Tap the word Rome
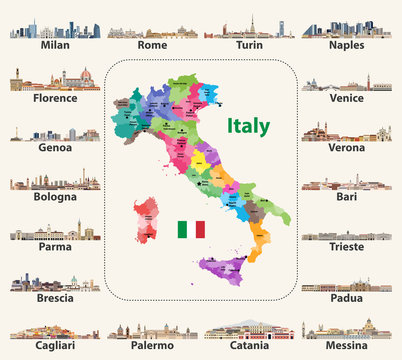151,46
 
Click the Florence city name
56,98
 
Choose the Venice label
351,98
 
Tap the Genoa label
56,147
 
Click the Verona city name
351,147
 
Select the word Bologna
56,197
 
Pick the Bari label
351,197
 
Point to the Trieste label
351,248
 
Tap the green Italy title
247,127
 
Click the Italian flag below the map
190,229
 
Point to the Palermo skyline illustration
151,331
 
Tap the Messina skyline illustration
351,330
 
